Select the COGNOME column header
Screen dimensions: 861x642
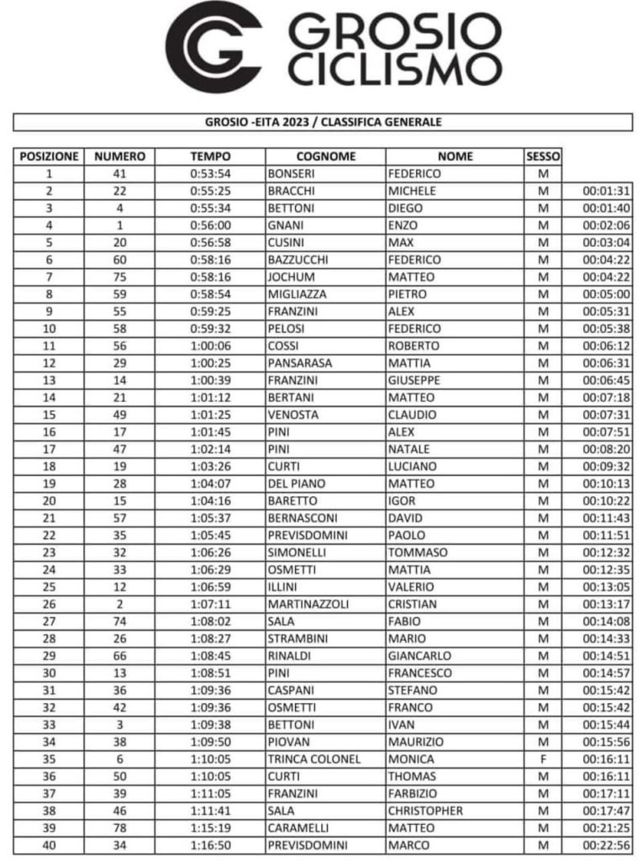[326, 156]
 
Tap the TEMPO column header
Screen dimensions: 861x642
[209, 156]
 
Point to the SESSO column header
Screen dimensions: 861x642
[542, 156]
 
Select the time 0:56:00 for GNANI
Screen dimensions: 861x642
[209, 225]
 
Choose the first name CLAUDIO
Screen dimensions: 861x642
[412, 415]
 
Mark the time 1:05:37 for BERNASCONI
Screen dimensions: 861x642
[209, 518]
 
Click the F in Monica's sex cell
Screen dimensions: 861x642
[542, 758]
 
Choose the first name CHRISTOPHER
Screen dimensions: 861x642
[425, 810]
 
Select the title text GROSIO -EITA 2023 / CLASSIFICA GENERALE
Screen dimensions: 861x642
[323, 122]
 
